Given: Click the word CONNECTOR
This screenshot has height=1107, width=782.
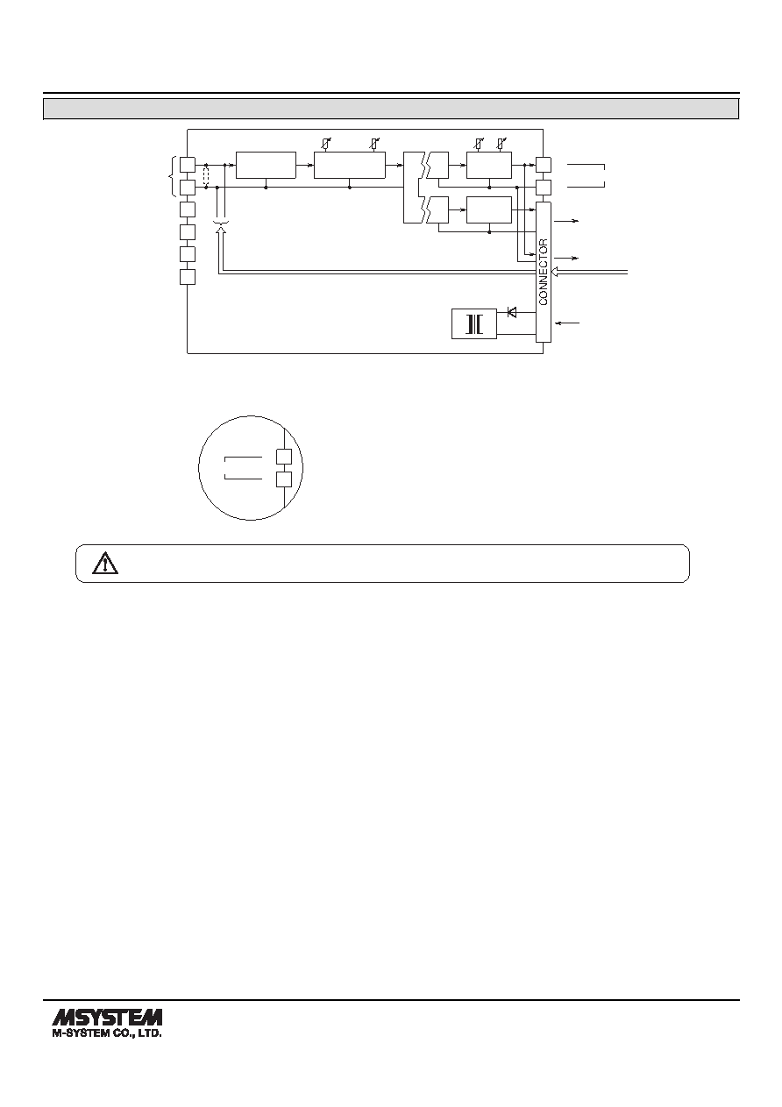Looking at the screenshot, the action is (544, 272).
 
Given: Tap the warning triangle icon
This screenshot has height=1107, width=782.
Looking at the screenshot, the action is (105, 563).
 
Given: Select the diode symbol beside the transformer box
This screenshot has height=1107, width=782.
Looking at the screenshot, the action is (512, 312).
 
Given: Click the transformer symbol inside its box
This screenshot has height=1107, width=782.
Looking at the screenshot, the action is (474, 323).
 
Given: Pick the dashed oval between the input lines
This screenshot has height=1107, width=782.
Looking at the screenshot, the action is (206, 176).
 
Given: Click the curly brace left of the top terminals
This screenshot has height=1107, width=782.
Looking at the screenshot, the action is (172, 176).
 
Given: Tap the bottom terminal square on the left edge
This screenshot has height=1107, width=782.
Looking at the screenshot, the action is (188, 277).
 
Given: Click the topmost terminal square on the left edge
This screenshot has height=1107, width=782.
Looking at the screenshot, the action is (188, 164).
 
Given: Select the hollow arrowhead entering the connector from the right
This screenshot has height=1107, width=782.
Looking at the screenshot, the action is (555, 272).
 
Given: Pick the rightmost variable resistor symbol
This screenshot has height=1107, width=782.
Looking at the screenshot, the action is (501, 145).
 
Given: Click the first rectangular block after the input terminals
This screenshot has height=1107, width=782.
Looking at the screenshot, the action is (266, 165).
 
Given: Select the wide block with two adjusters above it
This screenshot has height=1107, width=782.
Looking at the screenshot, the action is (350, 165).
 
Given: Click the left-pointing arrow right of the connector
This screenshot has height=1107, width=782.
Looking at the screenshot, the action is (567, 323).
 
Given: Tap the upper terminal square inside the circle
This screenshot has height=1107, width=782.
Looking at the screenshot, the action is (284, 457).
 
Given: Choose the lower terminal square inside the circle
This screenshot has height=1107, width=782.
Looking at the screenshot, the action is (284, 479).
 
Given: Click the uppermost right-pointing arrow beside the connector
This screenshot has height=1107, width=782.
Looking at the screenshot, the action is (566, 222).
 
